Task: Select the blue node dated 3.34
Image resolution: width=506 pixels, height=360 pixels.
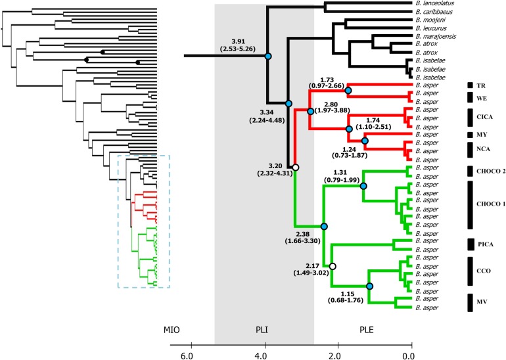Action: pyautogui.click(x=288, y=103)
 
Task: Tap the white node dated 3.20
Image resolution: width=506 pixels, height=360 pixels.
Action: pyautogui.click(x=296, y=168)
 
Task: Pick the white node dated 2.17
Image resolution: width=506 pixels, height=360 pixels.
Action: pyautogui.click(x=333, y=266)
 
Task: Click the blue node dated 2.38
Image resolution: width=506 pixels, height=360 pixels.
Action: pyautogui.click(x=323, y=227)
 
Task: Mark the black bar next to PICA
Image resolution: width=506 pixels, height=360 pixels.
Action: pyautogui.click(x=470, y=245)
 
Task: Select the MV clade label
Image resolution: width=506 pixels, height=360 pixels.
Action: pyautogui.click(x=482, y=302)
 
